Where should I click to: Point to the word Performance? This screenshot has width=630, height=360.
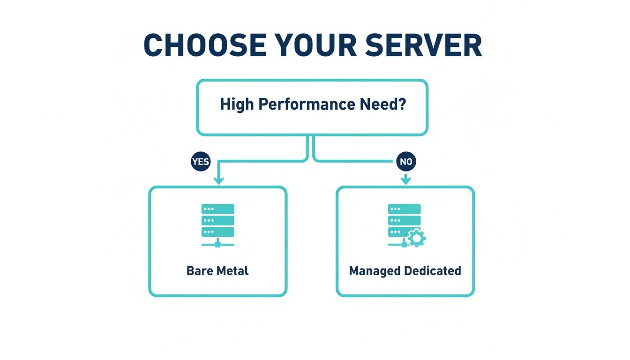306,104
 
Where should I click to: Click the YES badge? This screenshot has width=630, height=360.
201,162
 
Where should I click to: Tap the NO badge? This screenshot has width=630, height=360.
405,162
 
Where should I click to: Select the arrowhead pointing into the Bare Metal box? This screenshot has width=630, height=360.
218,180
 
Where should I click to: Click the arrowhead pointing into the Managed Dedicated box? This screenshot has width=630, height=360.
405,180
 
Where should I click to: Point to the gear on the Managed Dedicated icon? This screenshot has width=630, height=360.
416,239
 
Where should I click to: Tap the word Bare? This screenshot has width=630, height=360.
200,271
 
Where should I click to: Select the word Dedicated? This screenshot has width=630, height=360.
433,271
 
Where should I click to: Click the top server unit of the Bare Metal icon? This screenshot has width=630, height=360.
217,209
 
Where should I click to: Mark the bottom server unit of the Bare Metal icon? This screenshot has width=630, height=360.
217,232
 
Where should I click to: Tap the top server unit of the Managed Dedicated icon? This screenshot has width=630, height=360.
404,209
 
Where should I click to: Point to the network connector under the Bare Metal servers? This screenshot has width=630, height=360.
217,244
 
